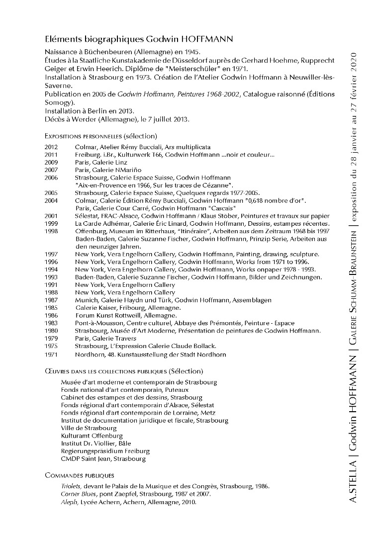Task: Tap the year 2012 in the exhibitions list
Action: pyautogui.click(x=51, y=147)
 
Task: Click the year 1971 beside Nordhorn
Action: pyautogui.click(x=51, y=355)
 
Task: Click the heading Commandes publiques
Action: pyautogui.click(x=80, y=475)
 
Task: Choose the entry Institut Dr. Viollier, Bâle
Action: pyautogui.click(x=93, y=443)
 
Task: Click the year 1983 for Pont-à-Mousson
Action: pyautogui.click(x=51, y=323)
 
